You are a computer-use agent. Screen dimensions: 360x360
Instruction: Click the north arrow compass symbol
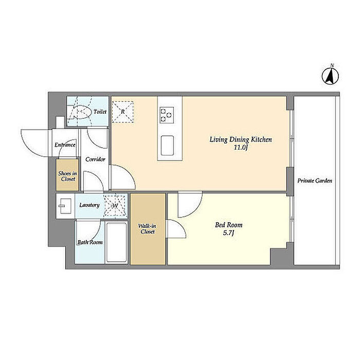point(330,76)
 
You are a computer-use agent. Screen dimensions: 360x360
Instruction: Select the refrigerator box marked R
point(122,112)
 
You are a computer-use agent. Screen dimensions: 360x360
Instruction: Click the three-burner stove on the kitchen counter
point(167,115)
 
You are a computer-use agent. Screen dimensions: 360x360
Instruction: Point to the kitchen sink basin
point(167,146)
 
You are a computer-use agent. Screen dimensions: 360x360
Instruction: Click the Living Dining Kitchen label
point(241,139)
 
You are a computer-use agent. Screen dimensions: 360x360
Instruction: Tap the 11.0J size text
point(241,148)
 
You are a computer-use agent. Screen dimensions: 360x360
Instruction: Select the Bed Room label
point(229,225)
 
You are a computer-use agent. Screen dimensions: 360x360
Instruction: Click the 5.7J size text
point(229,233)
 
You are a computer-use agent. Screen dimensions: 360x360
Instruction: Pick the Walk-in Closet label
point(148,229)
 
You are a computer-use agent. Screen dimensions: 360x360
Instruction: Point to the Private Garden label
point(315,181)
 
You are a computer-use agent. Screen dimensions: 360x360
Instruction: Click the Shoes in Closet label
point(67,176)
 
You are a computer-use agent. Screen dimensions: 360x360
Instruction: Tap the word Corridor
point(95,159)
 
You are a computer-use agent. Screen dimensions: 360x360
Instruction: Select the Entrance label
point(65,145)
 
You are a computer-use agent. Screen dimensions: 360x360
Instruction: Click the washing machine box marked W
point(115,206)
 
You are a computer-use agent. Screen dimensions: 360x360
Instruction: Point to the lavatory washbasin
point(65,206)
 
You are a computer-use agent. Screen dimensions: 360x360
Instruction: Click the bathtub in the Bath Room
point(117,242)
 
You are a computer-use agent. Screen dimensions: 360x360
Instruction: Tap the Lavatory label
point(89,205)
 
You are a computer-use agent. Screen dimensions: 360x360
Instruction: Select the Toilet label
point(100,112)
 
